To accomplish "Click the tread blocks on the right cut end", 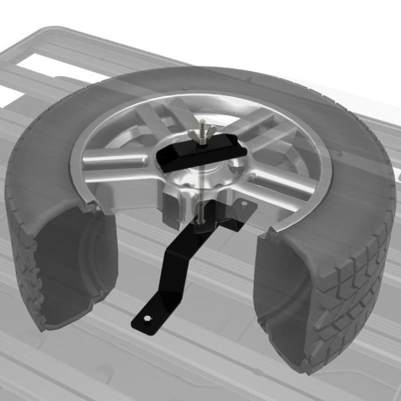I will [347, 302].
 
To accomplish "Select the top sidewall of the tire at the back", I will [201, 81].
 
